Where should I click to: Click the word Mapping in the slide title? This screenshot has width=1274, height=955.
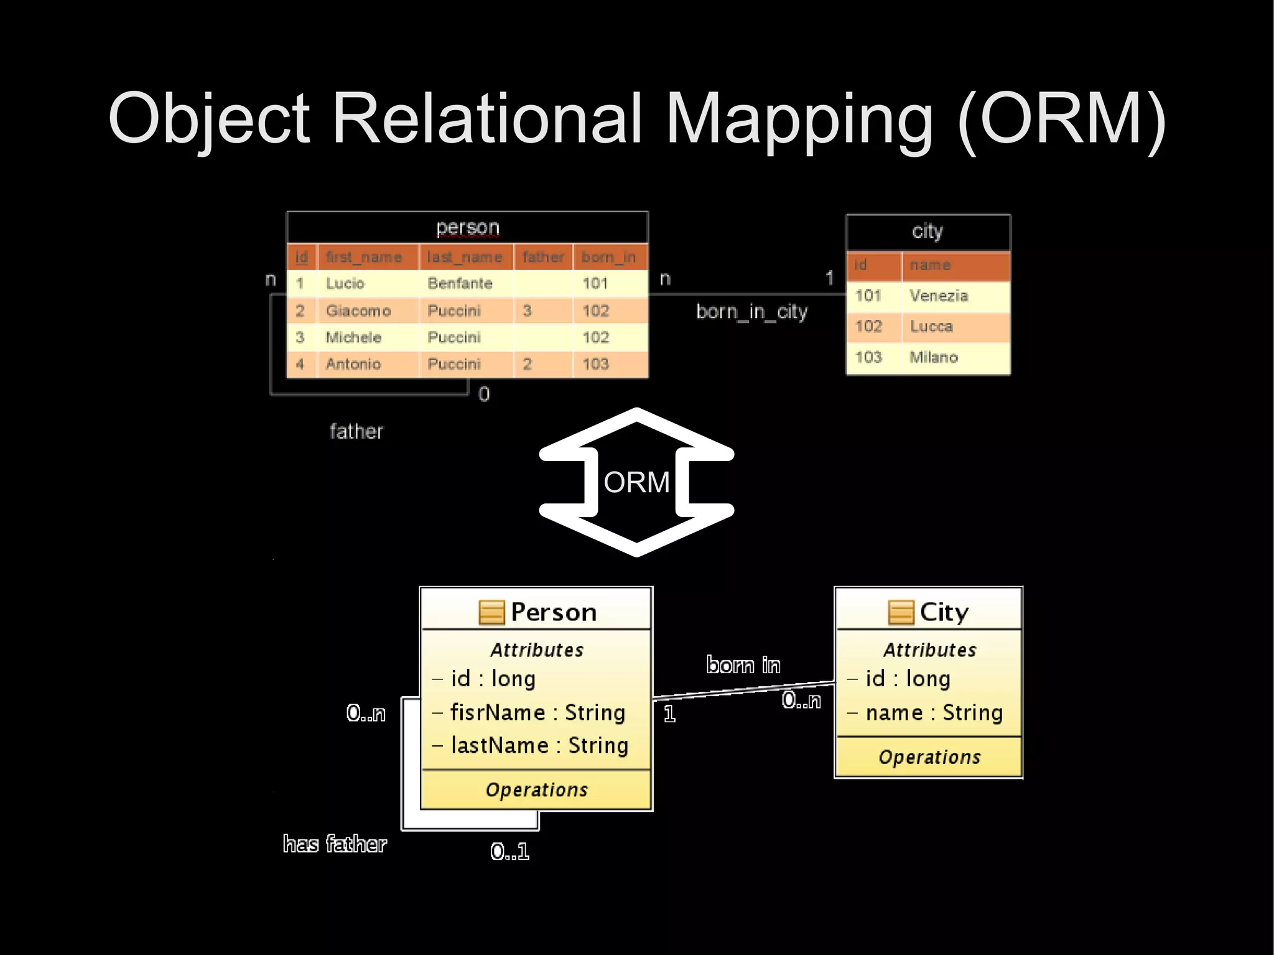(x=799, y=119)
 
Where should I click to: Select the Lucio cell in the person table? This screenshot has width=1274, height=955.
(x=345, y=284)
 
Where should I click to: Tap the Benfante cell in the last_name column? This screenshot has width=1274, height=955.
(x=460, y=284)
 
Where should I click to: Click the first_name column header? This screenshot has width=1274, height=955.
(x=363, y=257)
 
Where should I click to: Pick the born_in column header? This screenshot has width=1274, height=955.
(x=608, y=257)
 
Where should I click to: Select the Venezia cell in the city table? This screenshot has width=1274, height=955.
(x=938, y=296)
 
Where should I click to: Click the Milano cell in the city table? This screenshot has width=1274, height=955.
(x=933, y=357)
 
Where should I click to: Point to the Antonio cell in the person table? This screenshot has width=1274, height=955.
(x=353, y=364)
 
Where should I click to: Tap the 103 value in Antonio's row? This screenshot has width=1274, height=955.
(x=595, y=364)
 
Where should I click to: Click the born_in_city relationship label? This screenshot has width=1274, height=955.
(x=751, y=311)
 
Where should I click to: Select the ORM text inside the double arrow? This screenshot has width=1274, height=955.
(x=636, y=482)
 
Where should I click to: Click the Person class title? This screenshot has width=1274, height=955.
(x=553, y=612)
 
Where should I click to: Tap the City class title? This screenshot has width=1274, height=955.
(x=944, y=612)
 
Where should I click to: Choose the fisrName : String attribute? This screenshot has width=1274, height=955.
(x=537, y=712)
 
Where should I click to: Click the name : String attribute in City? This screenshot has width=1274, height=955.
(x=934, y=712)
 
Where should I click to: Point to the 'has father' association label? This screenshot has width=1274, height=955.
(x=335, y=844)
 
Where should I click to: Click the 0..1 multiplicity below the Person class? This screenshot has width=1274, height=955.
(x=509, y=851)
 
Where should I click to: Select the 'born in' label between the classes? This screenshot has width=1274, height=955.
(x=743, y=665)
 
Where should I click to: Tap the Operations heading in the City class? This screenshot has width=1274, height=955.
(x=929, y=757)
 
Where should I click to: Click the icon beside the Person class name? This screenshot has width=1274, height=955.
(x=491, y=612)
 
